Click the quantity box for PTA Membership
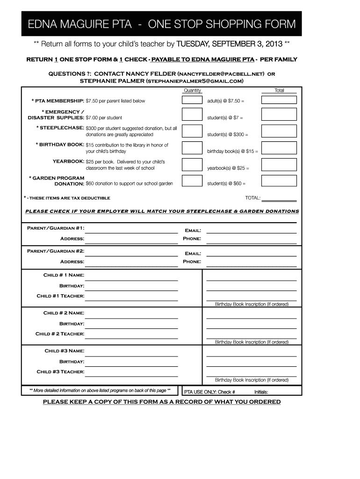192,100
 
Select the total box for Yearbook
279,164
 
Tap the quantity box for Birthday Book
192,148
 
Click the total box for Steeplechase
279,131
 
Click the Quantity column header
192,90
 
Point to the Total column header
279,90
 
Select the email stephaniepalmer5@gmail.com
195,81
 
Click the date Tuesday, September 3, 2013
229,44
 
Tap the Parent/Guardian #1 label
56,228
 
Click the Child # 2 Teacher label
60,334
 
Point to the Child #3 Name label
64,350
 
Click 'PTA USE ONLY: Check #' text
209,392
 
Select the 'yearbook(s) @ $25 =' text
228,168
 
